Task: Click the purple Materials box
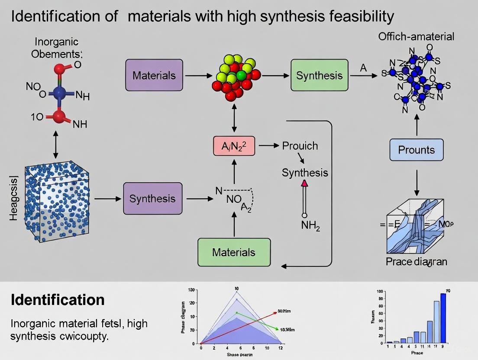point(154,75)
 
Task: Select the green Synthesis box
point(319,75)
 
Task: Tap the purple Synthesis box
point(152,199)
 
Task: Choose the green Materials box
point(234,252)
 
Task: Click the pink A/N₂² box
point(234,146)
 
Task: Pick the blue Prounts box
point(417,150)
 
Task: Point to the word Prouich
point(300,146)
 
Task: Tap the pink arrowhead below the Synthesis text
point(304,183)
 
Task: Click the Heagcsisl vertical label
point(13,198)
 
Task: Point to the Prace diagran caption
point(416,262)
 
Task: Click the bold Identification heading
point(57,299)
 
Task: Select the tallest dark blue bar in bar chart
point(443,318)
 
